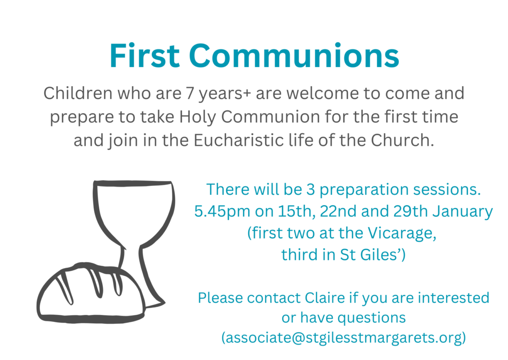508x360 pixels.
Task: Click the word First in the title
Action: pos(144,56)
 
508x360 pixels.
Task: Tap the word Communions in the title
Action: pos(294,56)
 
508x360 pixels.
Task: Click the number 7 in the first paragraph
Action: pos(190,93)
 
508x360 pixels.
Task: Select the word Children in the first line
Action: pos(78,93)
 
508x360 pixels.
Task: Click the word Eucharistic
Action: pos(238,140)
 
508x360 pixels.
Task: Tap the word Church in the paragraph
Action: pos(402,140)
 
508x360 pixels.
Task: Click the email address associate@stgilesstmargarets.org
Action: pos(344,338)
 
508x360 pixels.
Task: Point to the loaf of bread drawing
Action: pos(91,293)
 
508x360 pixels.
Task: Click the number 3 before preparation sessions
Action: pos(311,190)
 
